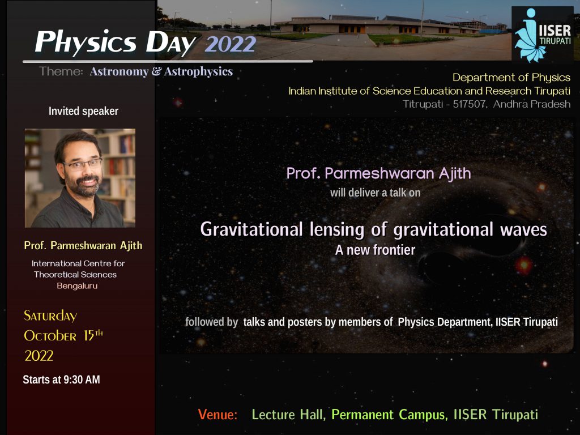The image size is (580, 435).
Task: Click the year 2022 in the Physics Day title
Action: [x=231, y=44]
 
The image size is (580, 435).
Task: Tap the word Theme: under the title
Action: [x=62, y=72]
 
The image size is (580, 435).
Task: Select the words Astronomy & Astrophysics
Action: [x=161, y=72]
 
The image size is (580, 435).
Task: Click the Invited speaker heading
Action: [x=83, y=111]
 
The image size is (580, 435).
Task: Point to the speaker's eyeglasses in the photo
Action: [x=83, y=164]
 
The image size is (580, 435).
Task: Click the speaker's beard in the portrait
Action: [x=85, y=187]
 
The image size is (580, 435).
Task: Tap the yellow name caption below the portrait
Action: [x=83, y=246]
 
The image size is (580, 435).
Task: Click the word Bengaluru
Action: [x=77, y=285]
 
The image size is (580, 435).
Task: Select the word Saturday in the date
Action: [x=50, y=316]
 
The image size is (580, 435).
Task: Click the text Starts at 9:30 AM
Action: [x=61, y=380]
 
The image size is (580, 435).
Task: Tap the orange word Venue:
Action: [x=217, y=415]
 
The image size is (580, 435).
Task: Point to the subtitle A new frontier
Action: [x=375, y=250]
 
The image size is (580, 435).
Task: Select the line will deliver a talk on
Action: [x=375, y=193]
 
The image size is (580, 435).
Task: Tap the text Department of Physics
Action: [x=511, y=78]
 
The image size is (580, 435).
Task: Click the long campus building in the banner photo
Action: [x=329, y=24]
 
